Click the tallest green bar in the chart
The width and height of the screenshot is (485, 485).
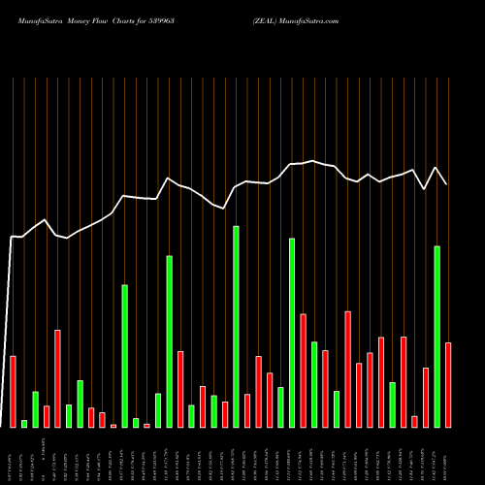pos(236,326)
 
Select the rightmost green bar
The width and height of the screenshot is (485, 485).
pos(436,337)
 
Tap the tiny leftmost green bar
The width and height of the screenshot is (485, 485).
pos(24,423)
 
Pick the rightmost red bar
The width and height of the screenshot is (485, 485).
pos(448,384)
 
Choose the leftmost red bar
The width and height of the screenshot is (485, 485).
pos(14,391)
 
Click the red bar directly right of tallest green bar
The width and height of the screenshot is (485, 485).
pos(247,410)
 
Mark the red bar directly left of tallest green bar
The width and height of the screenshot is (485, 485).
pos(225,414)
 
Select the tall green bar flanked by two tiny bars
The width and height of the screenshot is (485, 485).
pos(124,355)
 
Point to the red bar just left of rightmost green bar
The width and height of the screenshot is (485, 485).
pos(426,397)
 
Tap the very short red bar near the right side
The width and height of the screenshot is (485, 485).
pos(414,421)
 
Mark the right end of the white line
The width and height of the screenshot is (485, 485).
pos(447,184)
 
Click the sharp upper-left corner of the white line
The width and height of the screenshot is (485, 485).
pos(12,236)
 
